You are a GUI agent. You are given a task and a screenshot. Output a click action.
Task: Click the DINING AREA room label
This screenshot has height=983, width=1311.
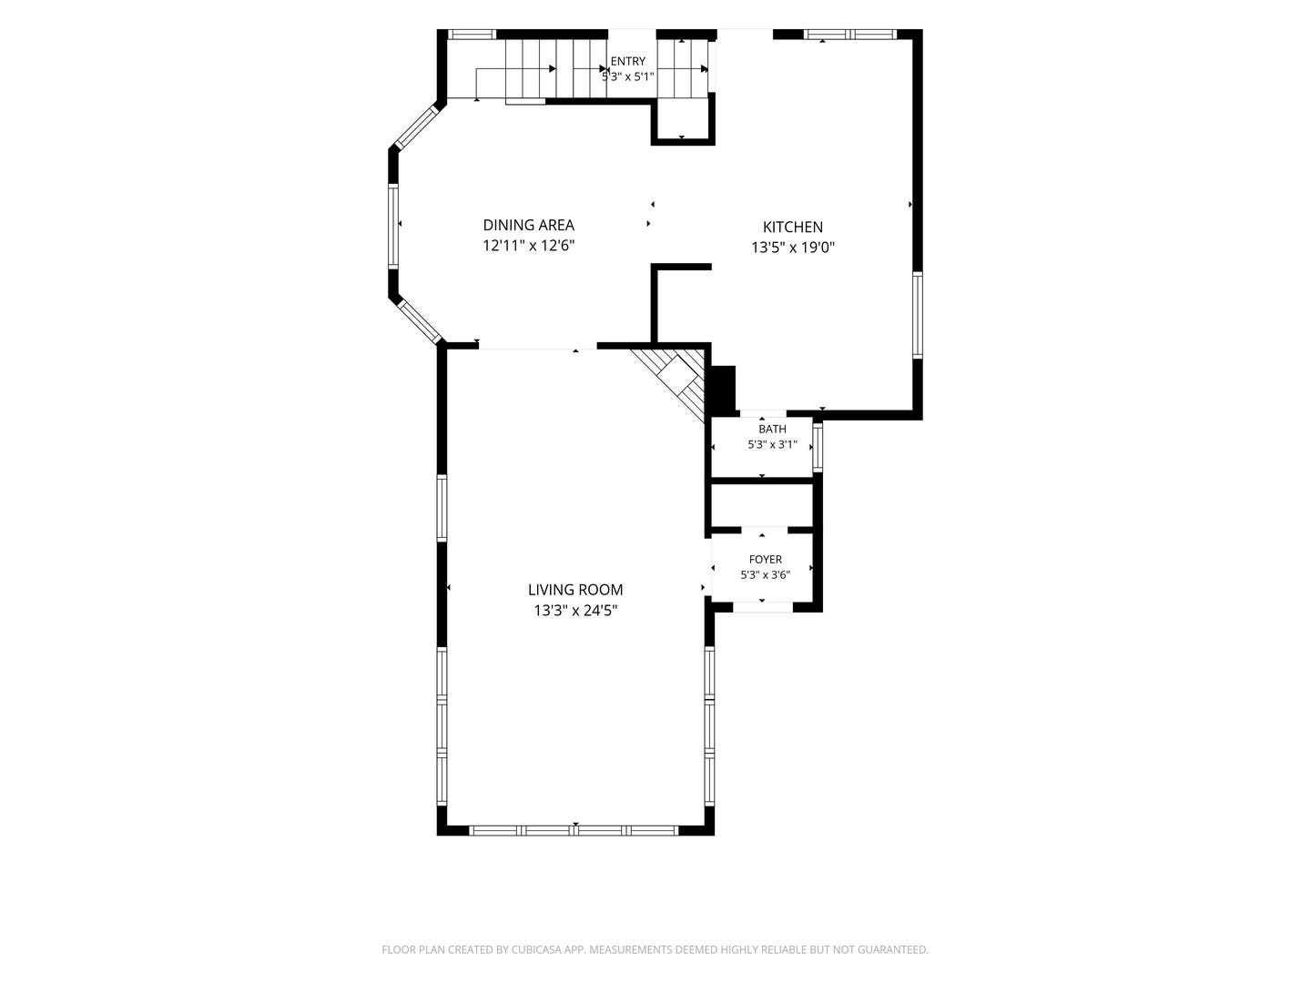(x=528, y=225)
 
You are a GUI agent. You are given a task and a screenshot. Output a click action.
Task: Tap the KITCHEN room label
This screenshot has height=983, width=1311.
(x=793, y=227)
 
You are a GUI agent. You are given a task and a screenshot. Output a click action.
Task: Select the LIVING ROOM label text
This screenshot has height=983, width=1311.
(x=575, y=590)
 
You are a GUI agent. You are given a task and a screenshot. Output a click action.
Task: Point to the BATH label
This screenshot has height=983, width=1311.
(x=772, y=429)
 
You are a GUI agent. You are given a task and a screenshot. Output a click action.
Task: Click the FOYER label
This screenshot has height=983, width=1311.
(x=765, y=559)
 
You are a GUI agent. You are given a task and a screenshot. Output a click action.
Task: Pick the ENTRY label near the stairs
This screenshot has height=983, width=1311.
(x=627, y=61)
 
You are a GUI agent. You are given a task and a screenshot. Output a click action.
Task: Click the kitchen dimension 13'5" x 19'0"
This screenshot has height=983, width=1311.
(x=793, y=247)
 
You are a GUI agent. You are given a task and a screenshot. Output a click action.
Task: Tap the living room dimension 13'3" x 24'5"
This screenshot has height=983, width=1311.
(x=575, y=611)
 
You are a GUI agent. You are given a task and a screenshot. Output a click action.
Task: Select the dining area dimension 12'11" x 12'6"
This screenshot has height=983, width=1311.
(x=528, y=246)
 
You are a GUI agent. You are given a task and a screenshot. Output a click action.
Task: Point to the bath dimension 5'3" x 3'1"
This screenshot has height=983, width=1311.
(x=772, y=445)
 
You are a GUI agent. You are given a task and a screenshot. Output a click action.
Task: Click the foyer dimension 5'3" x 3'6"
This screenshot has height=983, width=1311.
(x=765, y=574)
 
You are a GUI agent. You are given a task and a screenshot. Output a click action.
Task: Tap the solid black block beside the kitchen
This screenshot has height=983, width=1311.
(x=723, y=389)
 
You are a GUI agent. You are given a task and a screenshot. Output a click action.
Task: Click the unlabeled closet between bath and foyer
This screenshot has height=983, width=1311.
(x=762, y=505)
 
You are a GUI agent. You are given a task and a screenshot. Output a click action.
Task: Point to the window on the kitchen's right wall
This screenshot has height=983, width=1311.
(x=918, y=315)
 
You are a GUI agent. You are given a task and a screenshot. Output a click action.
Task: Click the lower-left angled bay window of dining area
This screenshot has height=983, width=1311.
(x=420, y=321)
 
